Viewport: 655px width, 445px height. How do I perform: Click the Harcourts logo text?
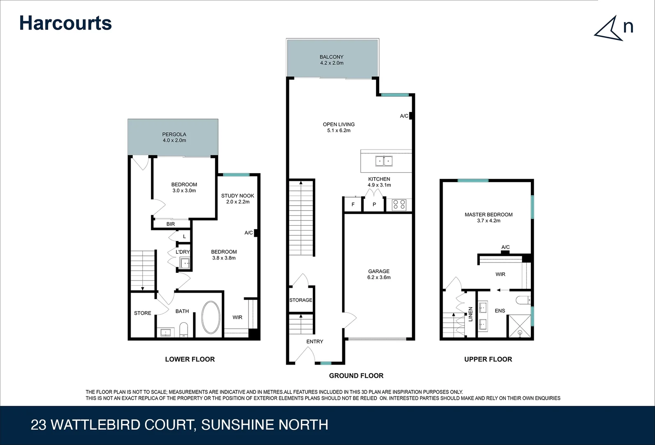pos(66,23)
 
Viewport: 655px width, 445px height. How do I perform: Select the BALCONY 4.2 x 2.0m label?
pos(331,60)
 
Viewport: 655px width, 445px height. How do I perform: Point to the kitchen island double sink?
pos(384,161)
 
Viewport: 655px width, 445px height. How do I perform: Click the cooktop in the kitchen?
pos(399,204)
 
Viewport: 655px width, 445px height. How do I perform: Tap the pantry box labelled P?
pos(374,204)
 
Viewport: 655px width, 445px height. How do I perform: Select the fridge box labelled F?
pos(353,204)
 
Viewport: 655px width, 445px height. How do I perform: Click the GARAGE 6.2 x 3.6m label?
pos(379,274)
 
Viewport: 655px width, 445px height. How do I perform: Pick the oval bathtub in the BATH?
pos(211,317)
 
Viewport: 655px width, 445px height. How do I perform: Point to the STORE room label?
pos(143,313)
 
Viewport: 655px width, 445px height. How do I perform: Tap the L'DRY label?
pos(183,252)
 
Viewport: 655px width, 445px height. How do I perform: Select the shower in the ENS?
pos(519,326)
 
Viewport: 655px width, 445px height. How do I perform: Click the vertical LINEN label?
pos(470,314)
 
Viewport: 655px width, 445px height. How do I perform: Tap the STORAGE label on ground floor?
pos(301,300)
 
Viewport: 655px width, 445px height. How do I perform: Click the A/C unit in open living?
pos(411,116)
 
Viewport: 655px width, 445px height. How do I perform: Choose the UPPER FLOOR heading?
pos(488,359)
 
